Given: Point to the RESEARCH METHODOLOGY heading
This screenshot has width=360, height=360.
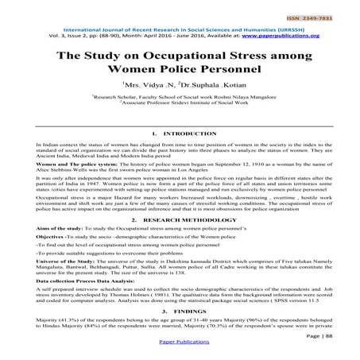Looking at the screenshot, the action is [x=184, y=216].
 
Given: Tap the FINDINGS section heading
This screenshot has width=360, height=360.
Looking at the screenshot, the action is [x=184, y=313].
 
